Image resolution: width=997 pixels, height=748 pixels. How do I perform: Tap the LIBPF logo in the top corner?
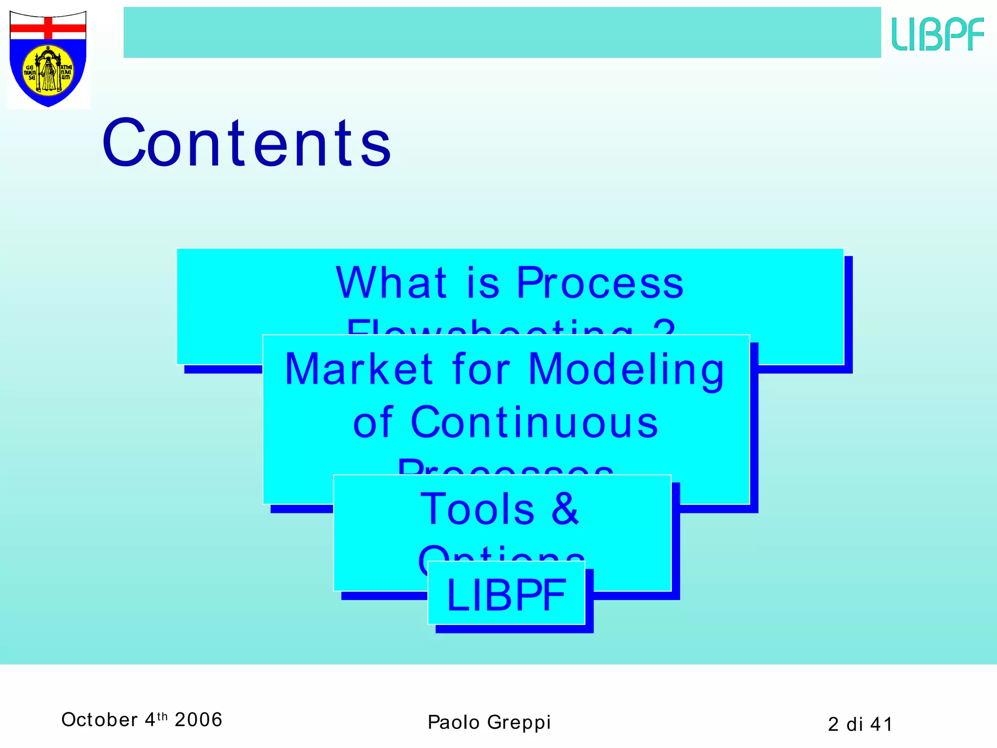pyautogui.click(x=938, y=34)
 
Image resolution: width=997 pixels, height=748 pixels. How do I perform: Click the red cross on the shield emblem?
pyautogui.click(x=48, y=28)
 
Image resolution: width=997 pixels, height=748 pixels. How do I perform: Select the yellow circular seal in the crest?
pyautogui.click(x=48, y=71)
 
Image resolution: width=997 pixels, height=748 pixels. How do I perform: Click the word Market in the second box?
pyautogui.click(x=359, y=369)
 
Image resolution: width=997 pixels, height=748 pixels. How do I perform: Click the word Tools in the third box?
pyautogui.click(x=478, y=508)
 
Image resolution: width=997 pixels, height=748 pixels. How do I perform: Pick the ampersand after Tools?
pyautogui.click(x=565, y=508)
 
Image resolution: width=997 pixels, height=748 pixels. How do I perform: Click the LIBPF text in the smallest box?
pyautogui.click(x=506, y=595)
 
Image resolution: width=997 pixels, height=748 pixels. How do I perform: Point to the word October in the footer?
pyautogui.click(x=100, y=720)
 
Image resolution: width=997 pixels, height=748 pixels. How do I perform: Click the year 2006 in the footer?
pyautogui.click(x=199, y=720)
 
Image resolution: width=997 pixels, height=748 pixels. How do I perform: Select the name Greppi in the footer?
pyautogui.click(x=519, y=723)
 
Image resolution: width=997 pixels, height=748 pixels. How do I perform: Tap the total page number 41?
pyautogui.click(x=881, y=724)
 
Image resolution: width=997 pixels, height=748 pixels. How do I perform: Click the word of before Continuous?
pyautogui.click(x=373, y=422)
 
